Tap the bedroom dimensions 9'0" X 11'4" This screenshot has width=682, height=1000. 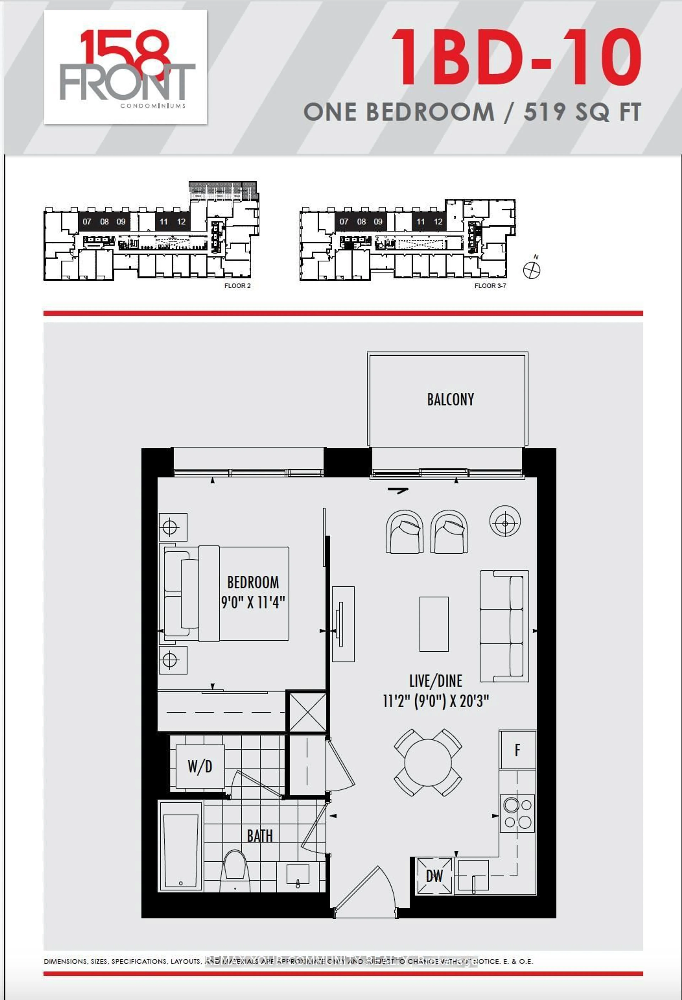[x=253, y=602]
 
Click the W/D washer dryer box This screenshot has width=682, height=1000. [x=200, y=766]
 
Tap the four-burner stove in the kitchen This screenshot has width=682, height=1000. [x=518, y=813]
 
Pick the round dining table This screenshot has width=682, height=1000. [x=428, y=762]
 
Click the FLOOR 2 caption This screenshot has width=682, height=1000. [x=237, y=286]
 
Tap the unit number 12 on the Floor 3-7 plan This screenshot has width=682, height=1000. [x=438, y=222]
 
